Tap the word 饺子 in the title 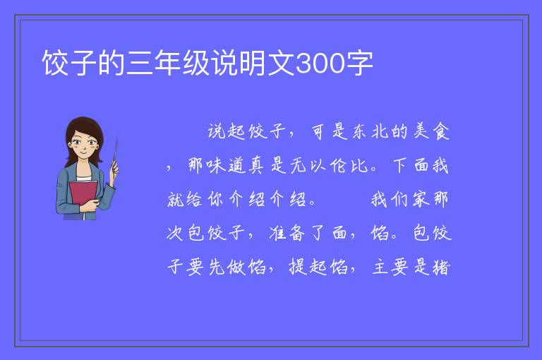coord(69,63)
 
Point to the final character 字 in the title coord(359,63)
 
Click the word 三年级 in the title coord(169,63)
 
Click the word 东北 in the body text coord(370,131)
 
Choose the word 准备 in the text coord(287,233)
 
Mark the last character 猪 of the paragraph coord(441,267)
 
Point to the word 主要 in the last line coord(390,267)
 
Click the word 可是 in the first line coord(329,131)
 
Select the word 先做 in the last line coord(227,267)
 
